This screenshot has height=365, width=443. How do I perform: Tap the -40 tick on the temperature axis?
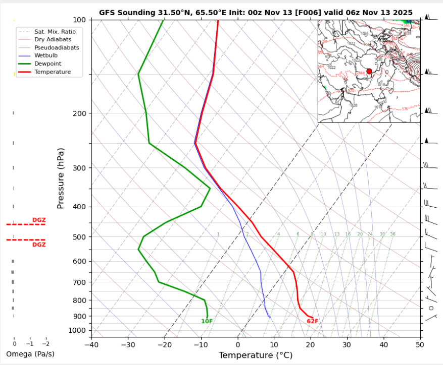(91, 345)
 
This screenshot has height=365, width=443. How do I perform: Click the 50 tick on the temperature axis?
(420, 345)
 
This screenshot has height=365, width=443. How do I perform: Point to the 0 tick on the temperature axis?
(237, 345)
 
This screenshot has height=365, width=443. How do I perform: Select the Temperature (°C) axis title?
(255, 355)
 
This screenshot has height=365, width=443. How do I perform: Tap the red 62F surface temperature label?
(313, 321)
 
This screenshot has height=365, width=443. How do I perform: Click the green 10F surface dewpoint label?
(207, 321)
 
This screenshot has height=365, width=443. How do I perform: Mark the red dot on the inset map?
(369, 71)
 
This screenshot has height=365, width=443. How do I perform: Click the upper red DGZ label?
(39, 220)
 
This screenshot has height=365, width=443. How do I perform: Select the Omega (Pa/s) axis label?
(30, 354)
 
